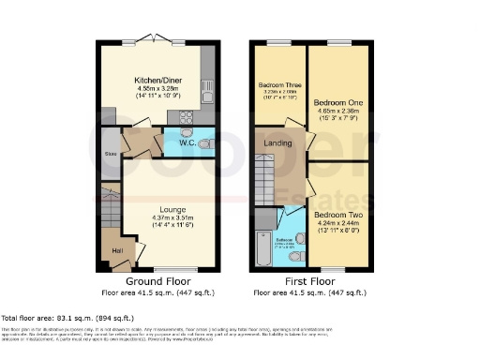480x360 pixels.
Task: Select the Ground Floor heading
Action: coord(157,280)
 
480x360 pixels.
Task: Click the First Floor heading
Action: coord(309,280)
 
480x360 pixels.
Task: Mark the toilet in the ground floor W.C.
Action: coord(205,143)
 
